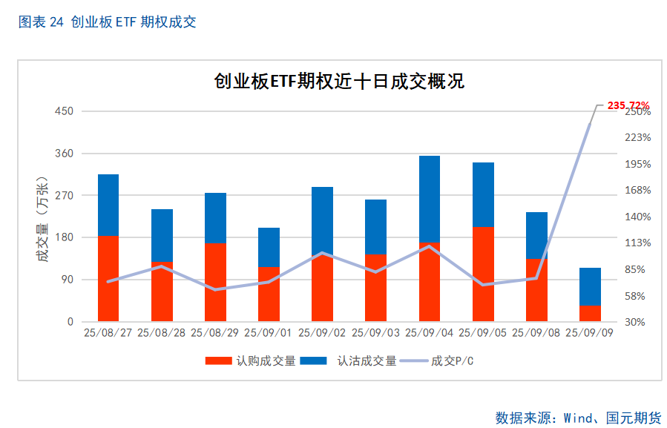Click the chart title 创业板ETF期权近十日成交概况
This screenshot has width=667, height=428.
coord(339,81)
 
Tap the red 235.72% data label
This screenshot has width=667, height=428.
coord(628,105)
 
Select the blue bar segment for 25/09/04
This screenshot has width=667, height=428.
coord(430,199)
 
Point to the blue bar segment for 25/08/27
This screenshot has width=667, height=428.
coord(108,205)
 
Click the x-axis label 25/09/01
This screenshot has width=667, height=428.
coord(269,333)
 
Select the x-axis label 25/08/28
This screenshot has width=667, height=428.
coord(162,333)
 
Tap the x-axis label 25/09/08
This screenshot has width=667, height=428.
coord(536,333)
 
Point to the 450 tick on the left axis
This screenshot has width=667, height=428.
coord(65,111)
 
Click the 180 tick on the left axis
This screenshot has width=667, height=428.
coord(65,237)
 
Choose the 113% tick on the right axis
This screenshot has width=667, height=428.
coord(637,243)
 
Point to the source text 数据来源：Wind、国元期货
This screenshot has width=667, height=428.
coord(578,417)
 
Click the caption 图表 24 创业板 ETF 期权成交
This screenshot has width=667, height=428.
coord(107,22)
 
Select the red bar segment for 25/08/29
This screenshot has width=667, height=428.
coord(215,282)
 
